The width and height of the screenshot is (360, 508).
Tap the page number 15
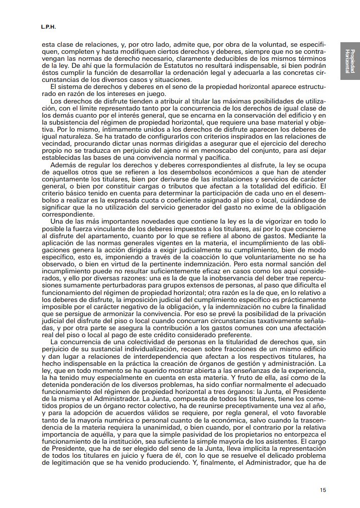[323, 489]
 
